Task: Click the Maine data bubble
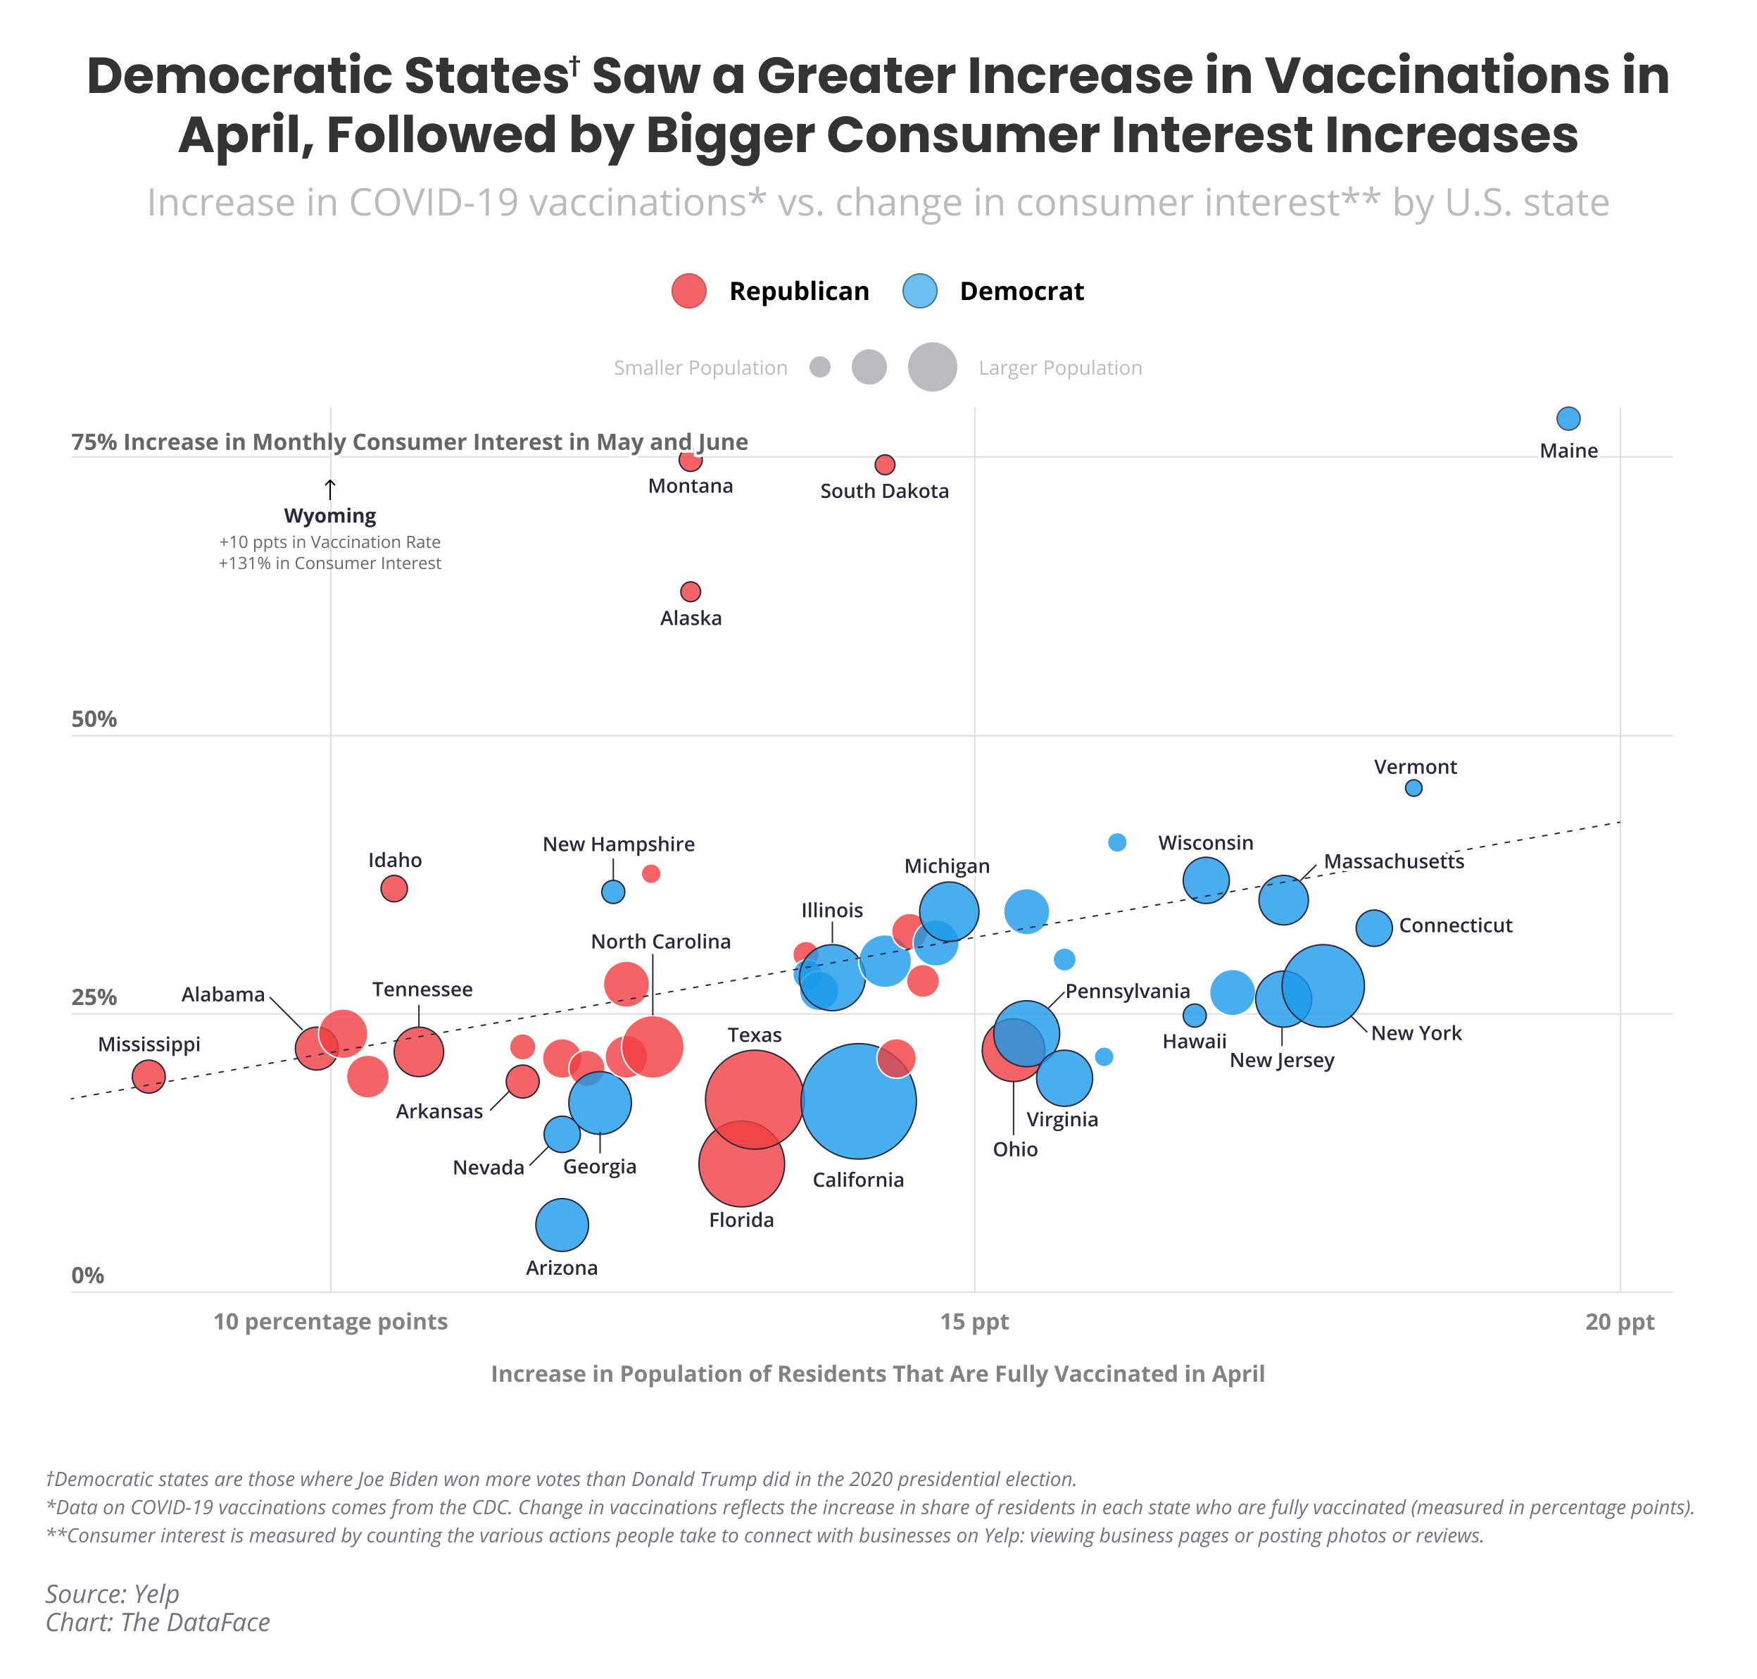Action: point(1568,418)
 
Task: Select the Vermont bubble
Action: point(1413,787)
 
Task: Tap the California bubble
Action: point(858,1101)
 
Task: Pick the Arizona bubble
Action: point(562,1224)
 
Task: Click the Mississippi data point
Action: point(149,1075)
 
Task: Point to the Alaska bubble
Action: point(690,592)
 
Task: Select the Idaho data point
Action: point(393,889)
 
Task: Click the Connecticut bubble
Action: point(1373,928)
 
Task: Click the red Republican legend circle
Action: point(689,291)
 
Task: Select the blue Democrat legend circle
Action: point(919,291)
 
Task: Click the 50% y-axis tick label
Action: point(94,718)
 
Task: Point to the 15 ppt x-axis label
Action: point(974,1322)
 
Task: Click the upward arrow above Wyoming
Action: point(330,489)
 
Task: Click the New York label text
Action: point(1416,1032)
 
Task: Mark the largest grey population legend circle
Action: point(932,367)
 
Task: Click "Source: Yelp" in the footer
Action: point(113,1593)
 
